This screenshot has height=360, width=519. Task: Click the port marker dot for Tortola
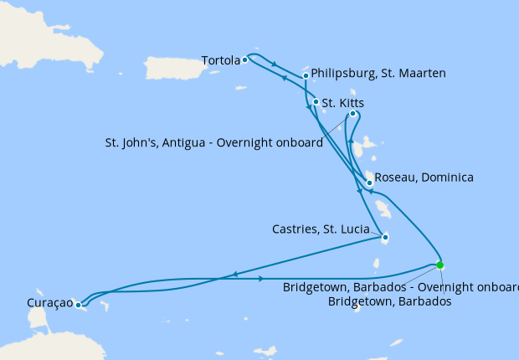click(x=244, y=60)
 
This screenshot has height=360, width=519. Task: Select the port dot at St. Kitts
click(x=315, y=103)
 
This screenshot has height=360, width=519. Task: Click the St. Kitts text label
click(x=342, y=104)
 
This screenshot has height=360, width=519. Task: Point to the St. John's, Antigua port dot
click(x=352, y=114)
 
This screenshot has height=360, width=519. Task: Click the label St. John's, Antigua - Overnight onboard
click(x=214, y=143)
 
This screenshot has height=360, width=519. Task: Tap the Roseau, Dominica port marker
click(x=369, y=182)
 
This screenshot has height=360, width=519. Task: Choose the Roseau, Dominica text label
click(x=424, y=177)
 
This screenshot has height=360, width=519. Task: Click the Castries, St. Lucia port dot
click(x=385, y=237)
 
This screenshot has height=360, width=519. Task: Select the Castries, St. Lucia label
click(x=326, y=229)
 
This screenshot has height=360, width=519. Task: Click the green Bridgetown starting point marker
click(x=440, y=265)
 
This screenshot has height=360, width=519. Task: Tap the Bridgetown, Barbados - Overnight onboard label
click(x=400, y=287)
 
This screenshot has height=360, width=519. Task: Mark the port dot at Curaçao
click(x=78, y=306)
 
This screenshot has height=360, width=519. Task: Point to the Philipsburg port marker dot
click(x=306, y=75)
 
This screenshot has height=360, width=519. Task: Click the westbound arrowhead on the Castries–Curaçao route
click(x=235, y=274)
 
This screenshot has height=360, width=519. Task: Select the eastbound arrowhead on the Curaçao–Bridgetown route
click(x=264, y=278)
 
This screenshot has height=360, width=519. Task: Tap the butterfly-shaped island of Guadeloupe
click(x=362, y=149)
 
